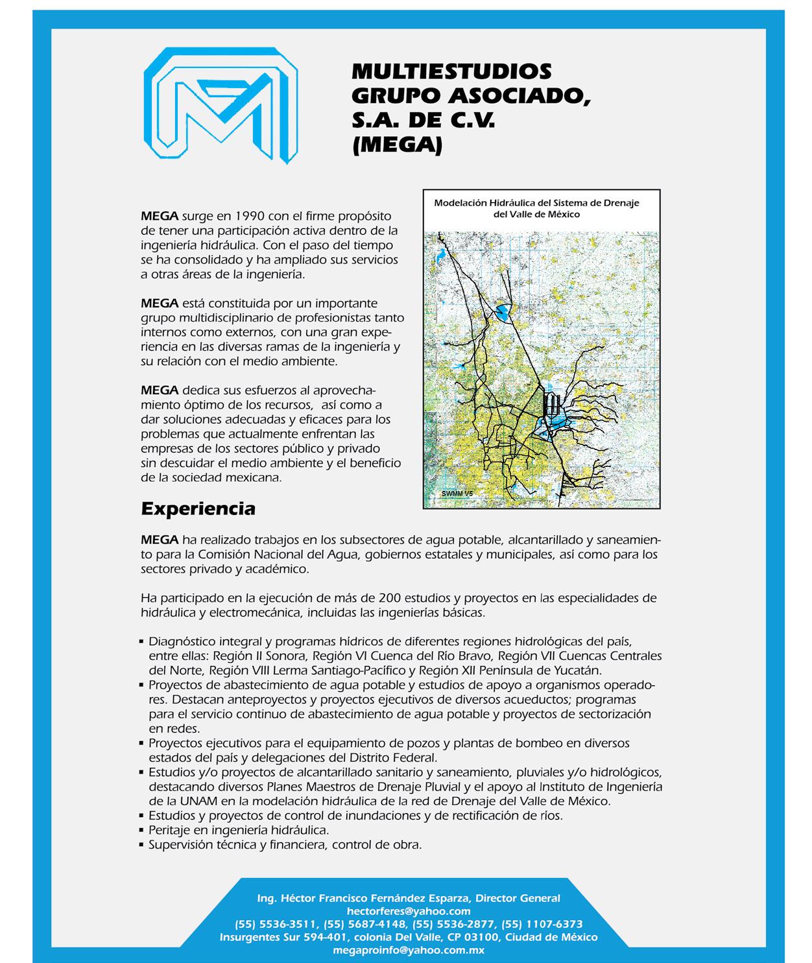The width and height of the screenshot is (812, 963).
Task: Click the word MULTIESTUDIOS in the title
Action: (x=451, y=70)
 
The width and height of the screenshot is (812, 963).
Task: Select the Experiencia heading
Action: (x=198, y=509)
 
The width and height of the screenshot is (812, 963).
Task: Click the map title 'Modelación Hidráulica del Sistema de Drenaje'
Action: (x=536, y=203)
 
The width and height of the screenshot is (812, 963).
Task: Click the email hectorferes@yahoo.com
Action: (x=409, y=911)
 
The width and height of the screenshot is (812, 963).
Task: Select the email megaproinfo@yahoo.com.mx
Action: (x=409, y=950)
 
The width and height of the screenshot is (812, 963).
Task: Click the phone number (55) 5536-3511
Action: (x=276, y=924)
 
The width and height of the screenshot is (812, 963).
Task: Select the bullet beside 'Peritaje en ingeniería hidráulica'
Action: (x=141, y=830)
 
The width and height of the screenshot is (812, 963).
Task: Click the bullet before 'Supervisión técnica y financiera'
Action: (x=141, y=845)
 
